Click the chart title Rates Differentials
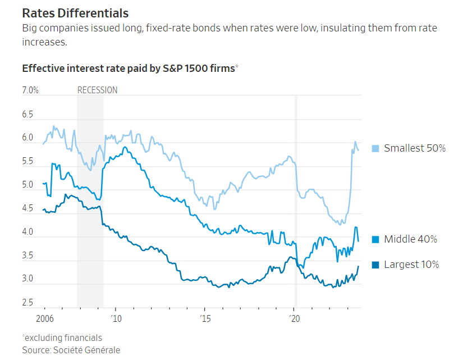click(x=75, y=13)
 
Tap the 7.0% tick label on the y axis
click(x=30, y=90)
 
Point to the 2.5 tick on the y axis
click(x=28, y=303)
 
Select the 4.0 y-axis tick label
click(x=28, y=232)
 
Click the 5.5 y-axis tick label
click(x=28, y=161)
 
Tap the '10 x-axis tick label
click(x=116, y=318)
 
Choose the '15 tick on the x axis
click(x=205, y=318)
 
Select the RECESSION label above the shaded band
click(x=97, y=90)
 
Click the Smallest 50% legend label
click(x=415, y=148)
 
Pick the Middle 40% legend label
click(x=410, y=239)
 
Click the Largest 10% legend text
click(x=411, y=265)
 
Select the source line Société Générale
click(x=71, y=350)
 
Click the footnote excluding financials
click(x=63, y=338)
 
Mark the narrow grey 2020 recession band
click(x=296, y=197)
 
